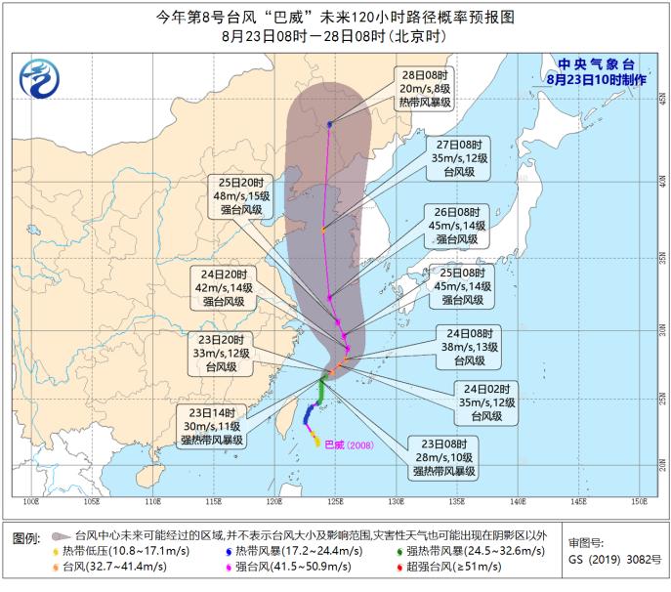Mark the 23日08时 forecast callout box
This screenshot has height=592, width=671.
(x=441, y=456)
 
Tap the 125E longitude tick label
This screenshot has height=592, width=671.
(x=335, y=503)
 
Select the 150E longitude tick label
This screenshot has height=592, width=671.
(x=639, y=503)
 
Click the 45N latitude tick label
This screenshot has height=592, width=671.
(x=661, y=101)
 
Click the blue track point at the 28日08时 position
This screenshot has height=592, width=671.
(x=330, y=124)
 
